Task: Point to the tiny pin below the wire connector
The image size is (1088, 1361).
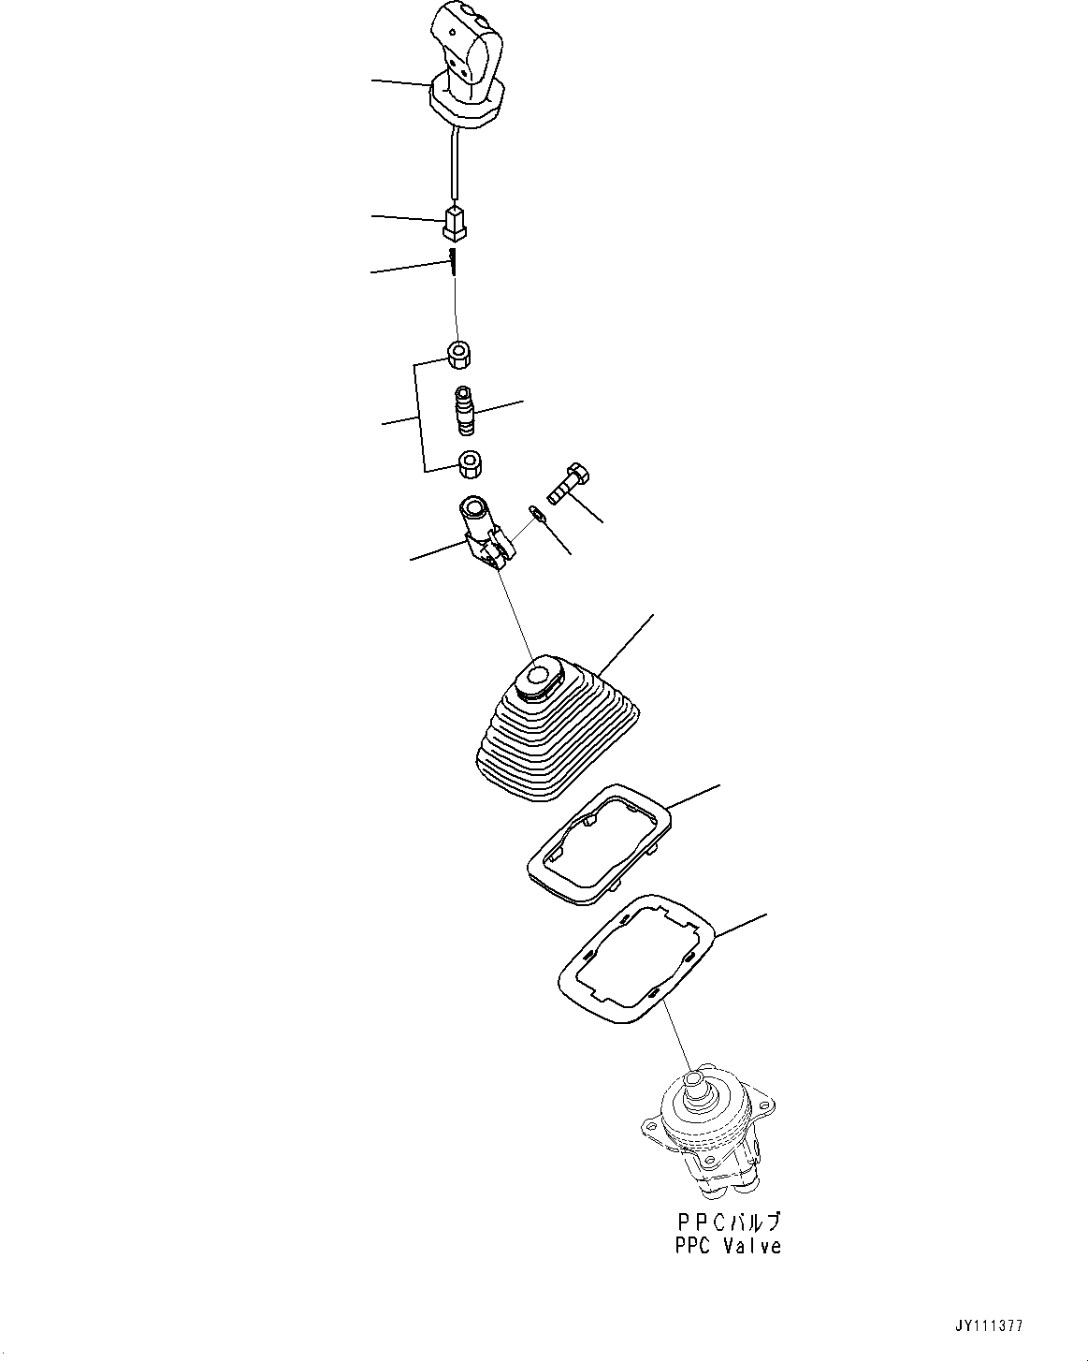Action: (452, 261)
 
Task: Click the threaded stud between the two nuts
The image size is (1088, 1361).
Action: (465, 411)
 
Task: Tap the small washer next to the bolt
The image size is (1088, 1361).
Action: (534, 512)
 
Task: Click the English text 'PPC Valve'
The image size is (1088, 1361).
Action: (727, 1247)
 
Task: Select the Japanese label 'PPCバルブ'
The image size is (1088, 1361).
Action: (727, 1222)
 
